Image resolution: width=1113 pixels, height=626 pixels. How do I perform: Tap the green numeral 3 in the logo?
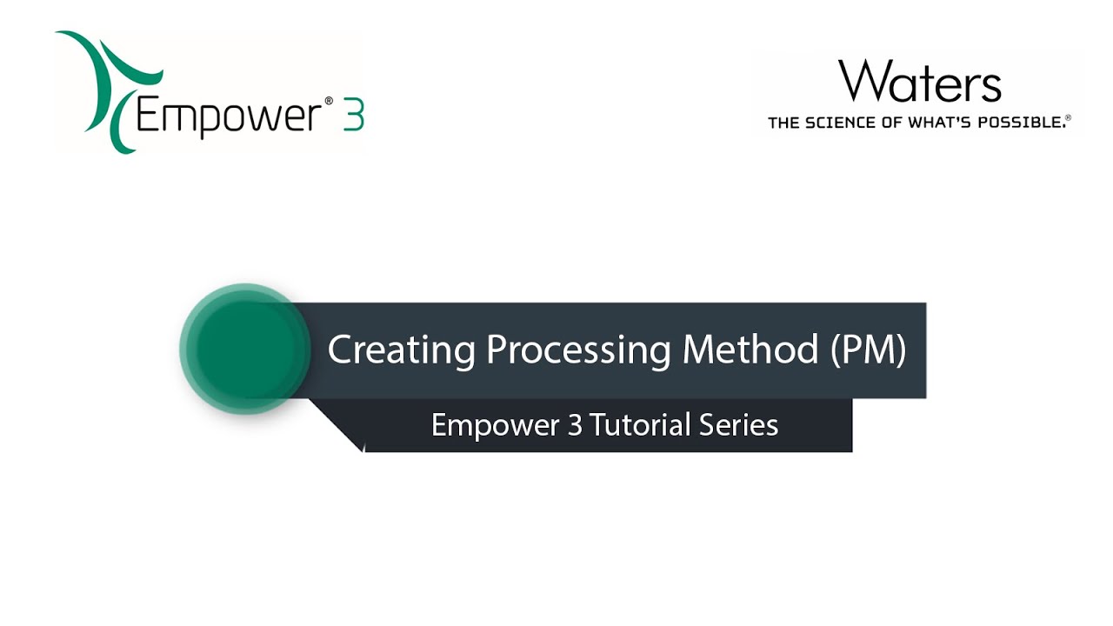pos(352,114)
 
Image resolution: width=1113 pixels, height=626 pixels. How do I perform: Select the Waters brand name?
pos(919,82)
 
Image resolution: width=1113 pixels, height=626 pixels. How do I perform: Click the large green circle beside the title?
pos(244,349)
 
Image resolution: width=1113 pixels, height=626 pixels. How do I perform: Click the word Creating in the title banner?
pos(401,350)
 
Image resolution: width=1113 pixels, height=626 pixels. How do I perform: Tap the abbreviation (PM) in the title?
pos(867,350)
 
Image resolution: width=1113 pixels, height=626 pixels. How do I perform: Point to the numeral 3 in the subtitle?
pos(575,425)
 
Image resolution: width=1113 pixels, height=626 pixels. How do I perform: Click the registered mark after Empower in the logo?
pos(329,102)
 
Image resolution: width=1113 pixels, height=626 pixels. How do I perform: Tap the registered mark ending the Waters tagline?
pos(1068,118)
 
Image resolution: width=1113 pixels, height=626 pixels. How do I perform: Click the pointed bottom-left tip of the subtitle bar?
pos(361,450)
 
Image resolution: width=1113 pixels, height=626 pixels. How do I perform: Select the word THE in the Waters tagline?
pos(783,123)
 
